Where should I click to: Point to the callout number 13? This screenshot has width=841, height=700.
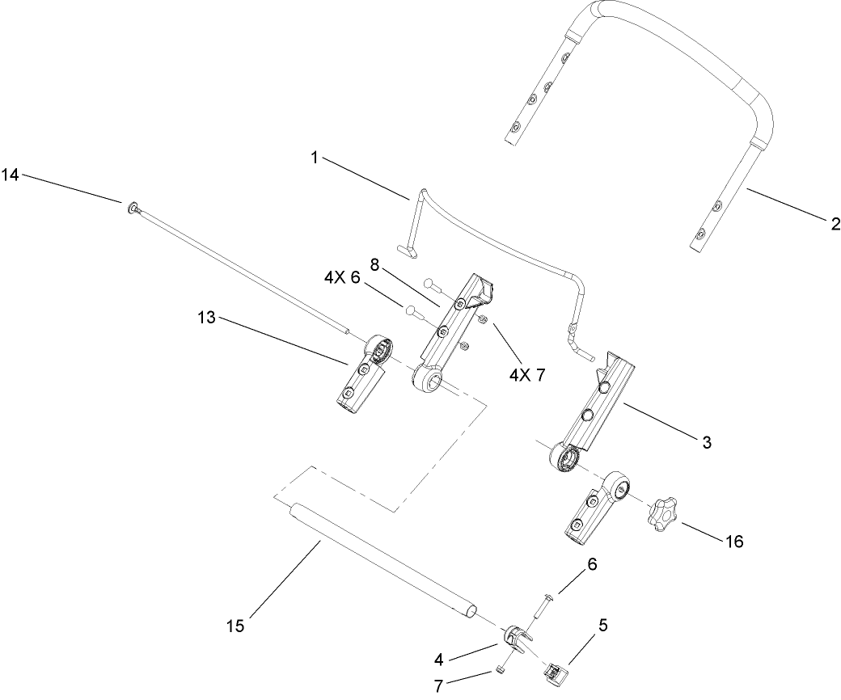click(x=206, y=318)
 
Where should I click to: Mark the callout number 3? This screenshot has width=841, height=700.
click(x=706, y=442)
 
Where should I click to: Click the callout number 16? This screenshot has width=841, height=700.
click(x=734, y=541)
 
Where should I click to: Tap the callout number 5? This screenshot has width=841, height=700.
click(x=603, y=625)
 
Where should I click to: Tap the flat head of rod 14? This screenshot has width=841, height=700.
click(x=130, y=208)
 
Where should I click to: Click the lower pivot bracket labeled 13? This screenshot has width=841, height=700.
click(x=361, y=376)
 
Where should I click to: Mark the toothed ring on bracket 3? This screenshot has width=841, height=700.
click(x=568, y=459)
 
